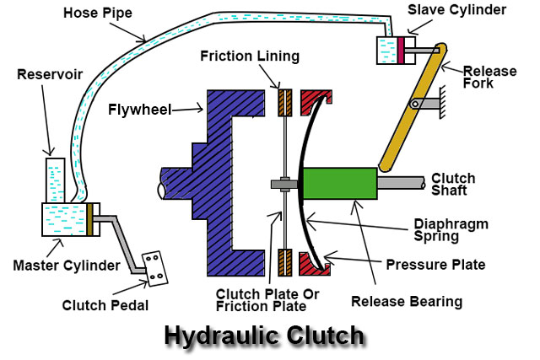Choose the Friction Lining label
click(x=250, y=56)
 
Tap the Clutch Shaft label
click(x=454, y=185)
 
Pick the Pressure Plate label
click(x=435, y=264)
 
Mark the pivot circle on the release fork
click(x=414, y=103)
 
